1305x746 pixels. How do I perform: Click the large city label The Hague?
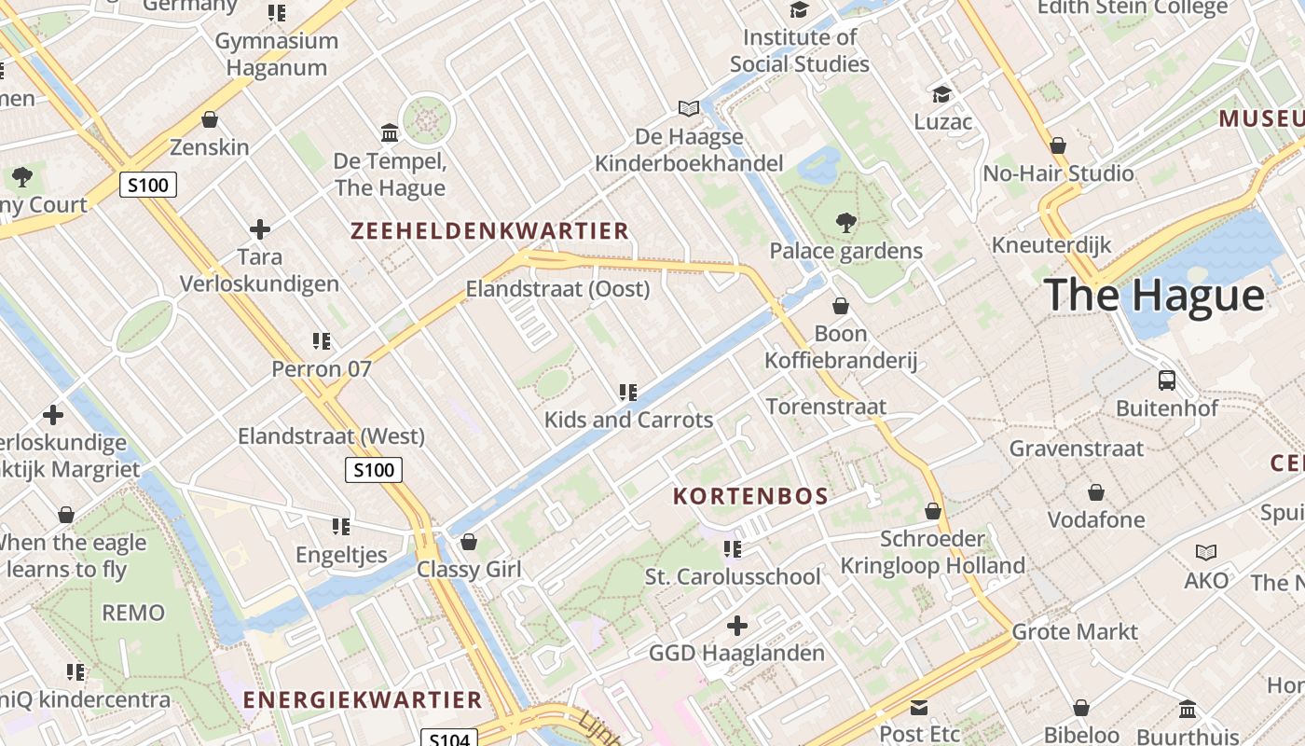[1154, 295]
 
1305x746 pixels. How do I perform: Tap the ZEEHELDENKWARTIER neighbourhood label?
[489, 231]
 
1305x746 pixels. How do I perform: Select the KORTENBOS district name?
[750, 496]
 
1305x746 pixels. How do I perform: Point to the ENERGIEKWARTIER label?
[363, 699]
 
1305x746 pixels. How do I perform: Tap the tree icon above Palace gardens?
[846, 223]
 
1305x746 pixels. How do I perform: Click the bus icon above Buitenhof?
[1166, 380]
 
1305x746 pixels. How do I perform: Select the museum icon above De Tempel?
[390, 133]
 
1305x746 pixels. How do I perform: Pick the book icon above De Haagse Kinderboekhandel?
[689, 109]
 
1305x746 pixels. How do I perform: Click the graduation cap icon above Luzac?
[942, 94]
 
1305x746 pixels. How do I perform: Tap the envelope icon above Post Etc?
[920, 708]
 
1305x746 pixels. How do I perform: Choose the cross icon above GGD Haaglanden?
[737, 626]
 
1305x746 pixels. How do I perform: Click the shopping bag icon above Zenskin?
[210, 120]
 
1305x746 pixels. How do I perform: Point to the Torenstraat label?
[826, 407]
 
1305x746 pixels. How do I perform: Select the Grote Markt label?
[1075, 631]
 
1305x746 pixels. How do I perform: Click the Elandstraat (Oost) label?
[557, 289]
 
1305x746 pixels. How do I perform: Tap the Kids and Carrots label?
[628, 420]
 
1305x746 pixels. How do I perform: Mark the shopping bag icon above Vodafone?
[1096, 491]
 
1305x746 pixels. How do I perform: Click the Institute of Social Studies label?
[800, 50]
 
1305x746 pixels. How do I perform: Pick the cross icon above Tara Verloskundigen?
[260, 228]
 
